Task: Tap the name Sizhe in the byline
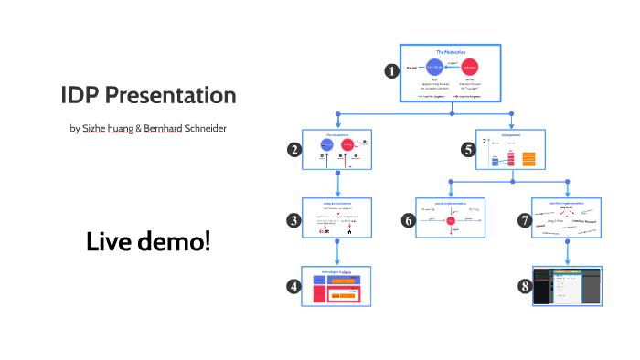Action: click(94, 128)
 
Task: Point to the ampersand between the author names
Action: click(139, 128)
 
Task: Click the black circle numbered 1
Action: click(391, 69)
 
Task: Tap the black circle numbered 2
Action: click(293, 151)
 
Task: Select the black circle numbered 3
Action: click(293, 219)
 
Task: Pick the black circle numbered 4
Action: click(293, 286)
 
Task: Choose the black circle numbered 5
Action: click(467, 151)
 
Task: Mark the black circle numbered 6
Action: click(408, 219)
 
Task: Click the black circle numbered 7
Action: click(524, 219)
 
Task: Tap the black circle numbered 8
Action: click(524, 286)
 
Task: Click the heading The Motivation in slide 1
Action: click(451, 53)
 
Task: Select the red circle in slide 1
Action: click(471, 68)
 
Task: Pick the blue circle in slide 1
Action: click(433, 68)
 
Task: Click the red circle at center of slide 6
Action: click(451, 220)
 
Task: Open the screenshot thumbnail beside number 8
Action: click(567, 285)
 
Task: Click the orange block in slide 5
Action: click(528, 159)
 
